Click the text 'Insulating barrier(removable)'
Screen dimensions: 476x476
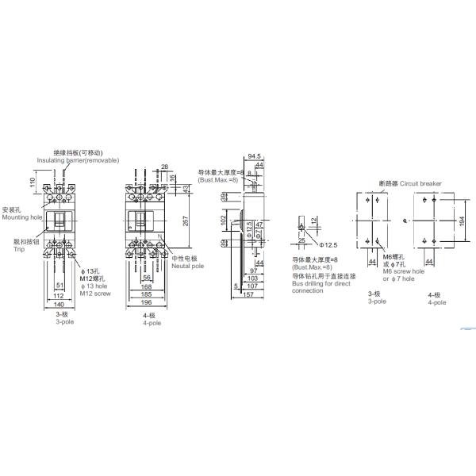coord(78,159)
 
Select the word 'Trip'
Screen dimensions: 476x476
coord(19,249)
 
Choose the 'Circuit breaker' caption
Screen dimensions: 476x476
coord(420,182)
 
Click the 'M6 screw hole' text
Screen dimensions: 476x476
coord(403,271)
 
